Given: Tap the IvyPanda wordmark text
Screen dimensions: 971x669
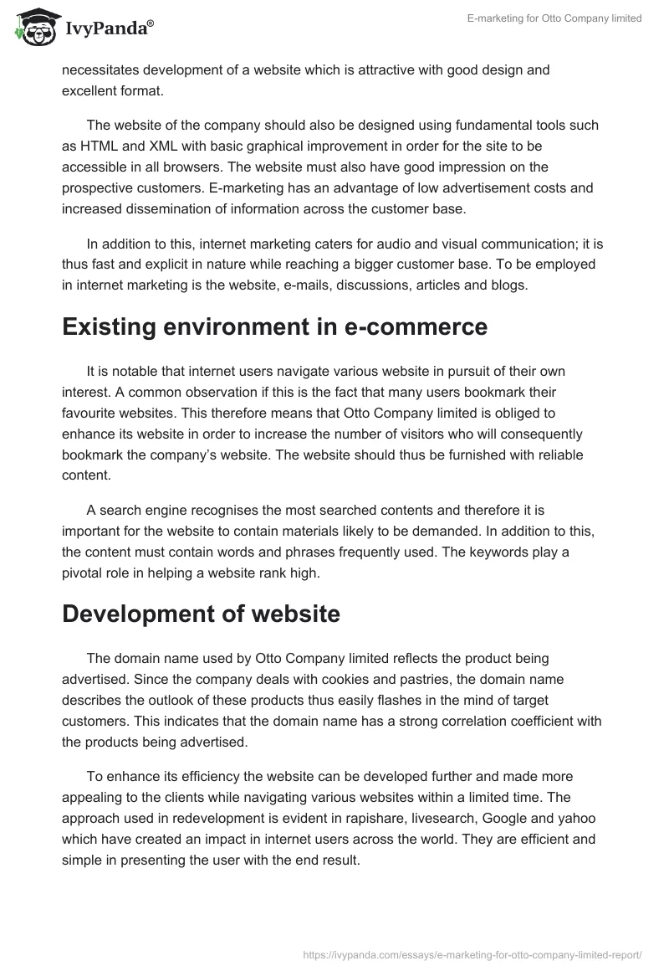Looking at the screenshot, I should click(x=109, y=31).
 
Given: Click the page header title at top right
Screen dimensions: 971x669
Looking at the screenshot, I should click(x=554, y=18).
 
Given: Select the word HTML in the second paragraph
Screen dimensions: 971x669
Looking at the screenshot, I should click(x=98, y=145).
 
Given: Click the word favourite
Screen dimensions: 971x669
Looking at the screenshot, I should click(x=94, y=414).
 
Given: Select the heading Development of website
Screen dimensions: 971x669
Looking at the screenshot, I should click(x=201, y=614).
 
